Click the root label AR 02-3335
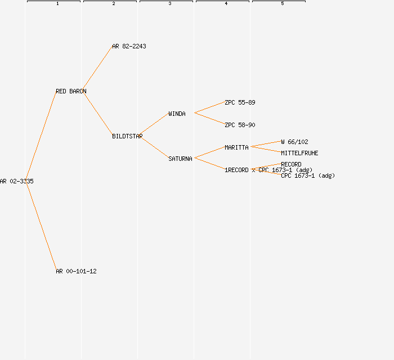[17, 181]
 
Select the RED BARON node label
[71, 91]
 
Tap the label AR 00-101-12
[76, 271]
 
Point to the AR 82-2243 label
[129, 46]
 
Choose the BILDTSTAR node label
[127, 136]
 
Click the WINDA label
[177, 114]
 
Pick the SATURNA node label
[180, 159]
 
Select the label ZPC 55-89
[240, 102]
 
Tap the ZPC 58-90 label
[240, 125]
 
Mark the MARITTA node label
[236, 147]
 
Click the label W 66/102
[294, 142]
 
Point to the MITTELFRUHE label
[299, 153]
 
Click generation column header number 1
[57, 4]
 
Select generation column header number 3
[170, 4]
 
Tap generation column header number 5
[283, 4]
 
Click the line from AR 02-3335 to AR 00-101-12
[41, 226]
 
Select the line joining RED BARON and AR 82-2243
[98, 68]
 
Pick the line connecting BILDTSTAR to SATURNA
[154, 147]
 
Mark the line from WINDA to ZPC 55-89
[209, 107]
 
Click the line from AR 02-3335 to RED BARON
[41, 136]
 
